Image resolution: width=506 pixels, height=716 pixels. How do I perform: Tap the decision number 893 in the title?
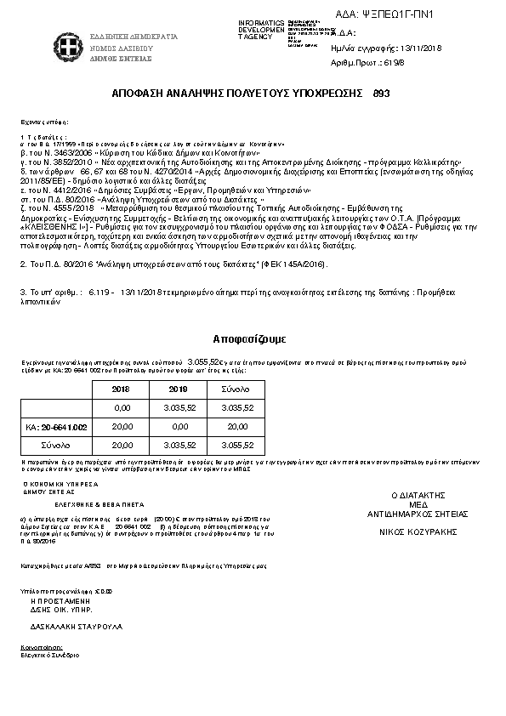point(382,92)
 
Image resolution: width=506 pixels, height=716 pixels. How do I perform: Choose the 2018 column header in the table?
point(122,389)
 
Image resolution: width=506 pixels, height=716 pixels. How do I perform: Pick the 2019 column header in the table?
point(178,389)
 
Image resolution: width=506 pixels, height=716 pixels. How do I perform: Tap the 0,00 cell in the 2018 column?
point(122,408)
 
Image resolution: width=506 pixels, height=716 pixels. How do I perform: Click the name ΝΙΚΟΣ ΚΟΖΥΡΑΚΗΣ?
point(418,532)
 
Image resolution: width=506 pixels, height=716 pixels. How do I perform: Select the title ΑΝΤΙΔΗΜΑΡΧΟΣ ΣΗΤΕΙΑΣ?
point(418,514)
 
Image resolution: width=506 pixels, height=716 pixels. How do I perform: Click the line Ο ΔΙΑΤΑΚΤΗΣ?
point(418,495)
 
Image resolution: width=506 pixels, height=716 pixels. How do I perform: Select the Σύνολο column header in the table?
point(236,389)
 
